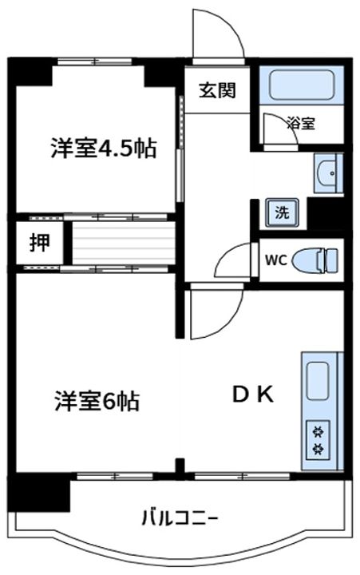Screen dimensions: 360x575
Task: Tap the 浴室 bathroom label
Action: [301, 123]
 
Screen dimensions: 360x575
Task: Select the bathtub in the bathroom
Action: [302, 85]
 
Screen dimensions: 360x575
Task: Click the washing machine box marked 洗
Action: [282, 213]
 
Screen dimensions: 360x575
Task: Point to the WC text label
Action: [275, 260]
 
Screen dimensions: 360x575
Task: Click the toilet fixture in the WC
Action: [315, 260]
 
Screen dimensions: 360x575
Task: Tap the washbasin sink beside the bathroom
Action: [328, 173]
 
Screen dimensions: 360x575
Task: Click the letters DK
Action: [253, 395]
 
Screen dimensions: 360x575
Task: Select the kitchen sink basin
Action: [318, 381]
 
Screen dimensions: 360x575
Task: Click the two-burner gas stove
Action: [318, 439]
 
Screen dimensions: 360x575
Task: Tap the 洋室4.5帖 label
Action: [104, 148]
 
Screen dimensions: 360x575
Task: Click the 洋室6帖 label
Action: [97, 401]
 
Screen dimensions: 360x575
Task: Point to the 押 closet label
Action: [40, 243]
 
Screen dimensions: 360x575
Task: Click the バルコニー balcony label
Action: [180, 518]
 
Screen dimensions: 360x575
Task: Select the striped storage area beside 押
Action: [123, 243]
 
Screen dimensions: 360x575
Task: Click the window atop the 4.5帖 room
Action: [94, 61]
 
